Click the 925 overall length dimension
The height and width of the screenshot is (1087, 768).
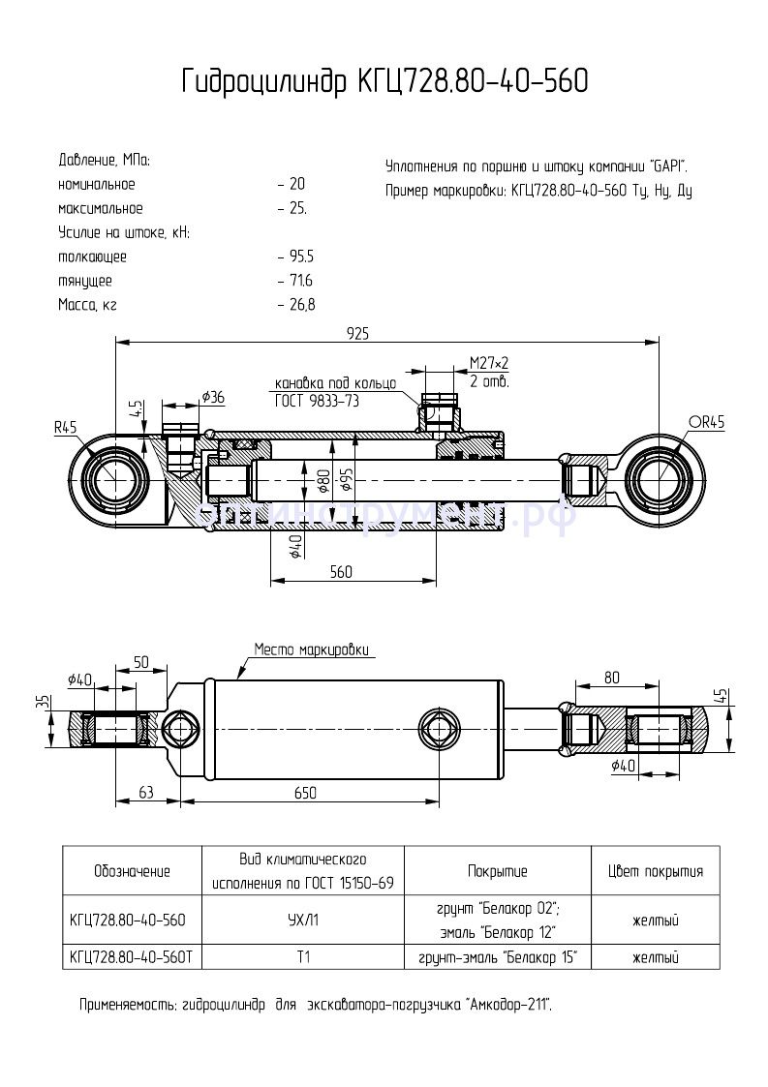point(358,333)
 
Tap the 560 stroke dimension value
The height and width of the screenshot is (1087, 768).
point(340,572)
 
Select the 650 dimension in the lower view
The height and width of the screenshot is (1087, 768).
point(305,793)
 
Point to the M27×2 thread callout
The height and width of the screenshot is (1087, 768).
point(489,364)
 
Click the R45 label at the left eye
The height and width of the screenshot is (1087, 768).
point(65,426)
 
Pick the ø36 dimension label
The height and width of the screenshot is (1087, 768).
point(212,397)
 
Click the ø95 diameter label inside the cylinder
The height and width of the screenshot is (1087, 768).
point(346,479)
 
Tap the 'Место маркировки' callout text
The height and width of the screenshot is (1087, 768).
point(313,649)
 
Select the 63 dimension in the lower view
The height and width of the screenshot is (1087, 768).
point(145,793)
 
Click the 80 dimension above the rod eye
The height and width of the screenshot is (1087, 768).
point(612,678)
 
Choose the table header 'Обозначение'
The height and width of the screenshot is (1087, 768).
point(132,871)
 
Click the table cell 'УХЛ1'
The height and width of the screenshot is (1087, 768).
point(302,921)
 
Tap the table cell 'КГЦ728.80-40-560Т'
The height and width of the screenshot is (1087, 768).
point(132,957)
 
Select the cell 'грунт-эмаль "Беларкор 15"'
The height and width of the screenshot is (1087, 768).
point(498,957)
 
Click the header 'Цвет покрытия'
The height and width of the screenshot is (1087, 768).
point(655,871)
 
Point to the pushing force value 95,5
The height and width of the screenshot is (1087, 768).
point(301,257)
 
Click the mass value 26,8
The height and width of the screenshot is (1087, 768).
point(301,305)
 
